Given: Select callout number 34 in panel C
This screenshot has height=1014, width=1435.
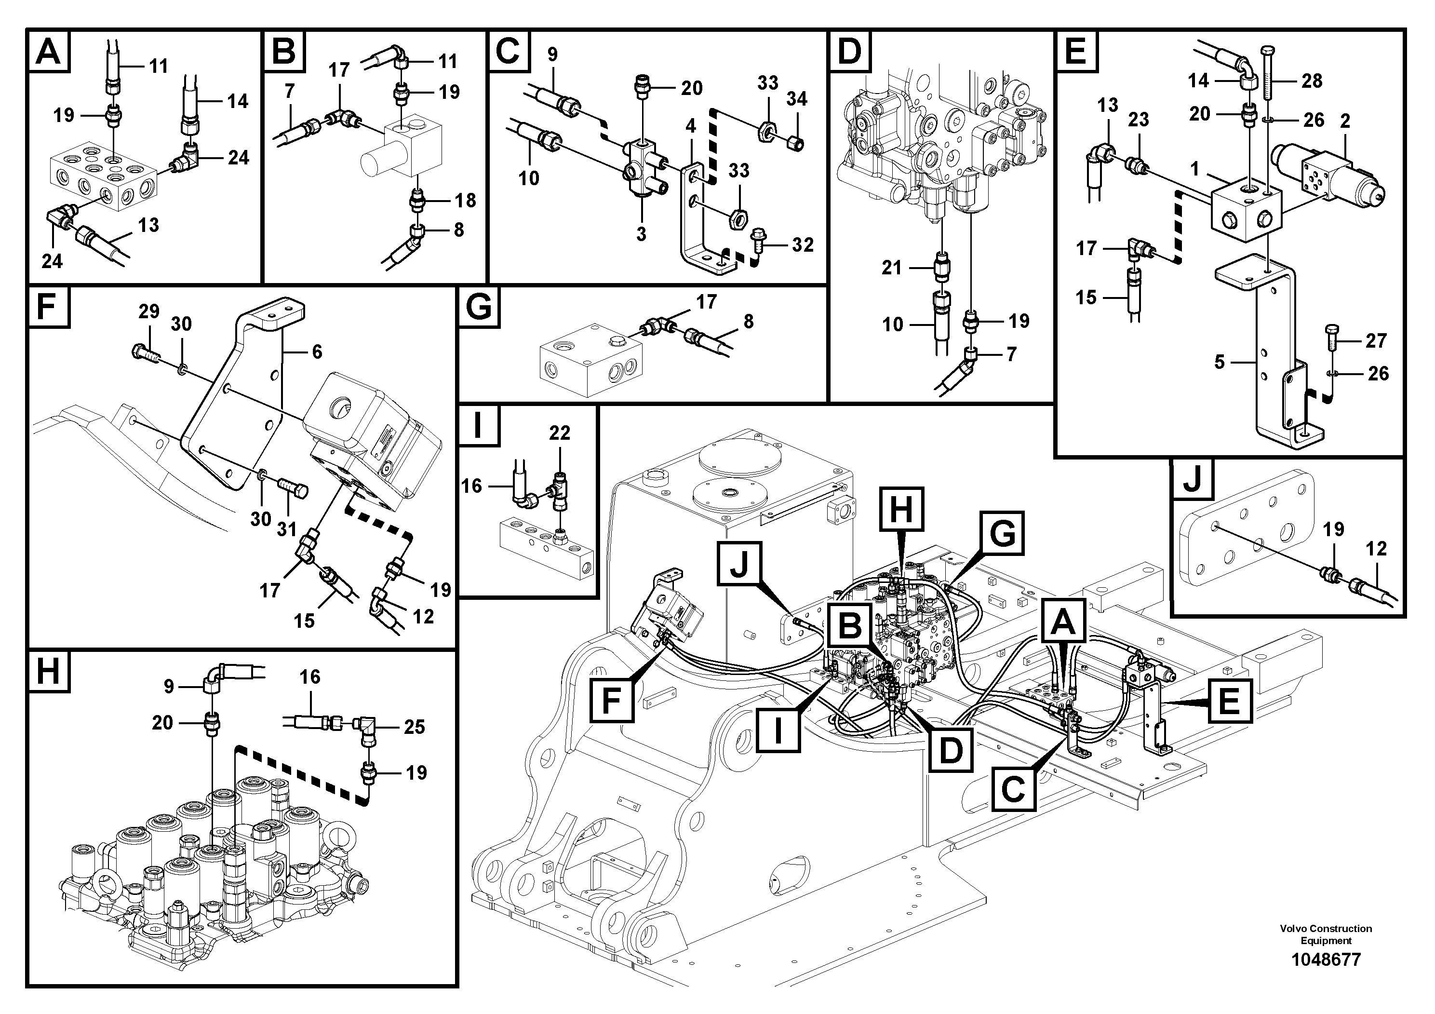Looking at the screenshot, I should pyautogui.click(x=796, y=99).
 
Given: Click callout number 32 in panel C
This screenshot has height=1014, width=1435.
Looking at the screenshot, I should pyautogui.click(x=803, y=244).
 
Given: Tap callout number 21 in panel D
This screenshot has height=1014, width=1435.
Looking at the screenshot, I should pyautogui.click(x=891, y=268).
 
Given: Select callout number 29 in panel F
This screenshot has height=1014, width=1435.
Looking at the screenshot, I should pyautogui.click(x=149, y=311).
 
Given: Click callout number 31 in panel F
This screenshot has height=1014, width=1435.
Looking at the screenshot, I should pyautogui.click(x=286, y=529).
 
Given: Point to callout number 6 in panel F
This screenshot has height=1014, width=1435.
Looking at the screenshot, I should pyautogui.click(x=317, y=352).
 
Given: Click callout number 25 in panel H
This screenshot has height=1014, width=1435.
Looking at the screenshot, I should pyautogui.click(x=414, y=727).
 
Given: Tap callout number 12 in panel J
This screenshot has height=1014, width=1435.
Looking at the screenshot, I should pyautogui.click(x=1376, y=549).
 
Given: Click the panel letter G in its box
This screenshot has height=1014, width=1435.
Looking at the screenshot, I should pyautogui.click(x=479, y=308).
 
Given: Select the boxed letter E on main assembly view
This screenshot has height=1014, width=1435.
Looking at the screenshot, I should pyautogui.click(x=1229, y=701).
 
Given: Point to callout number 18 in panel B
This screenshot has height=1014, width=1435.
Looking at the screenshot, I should pyautogui.click(x=465, y=200).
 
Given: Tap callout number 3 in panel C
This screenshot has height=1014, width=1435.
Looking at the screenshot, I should pyautogui.click(x=641, y=234).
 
